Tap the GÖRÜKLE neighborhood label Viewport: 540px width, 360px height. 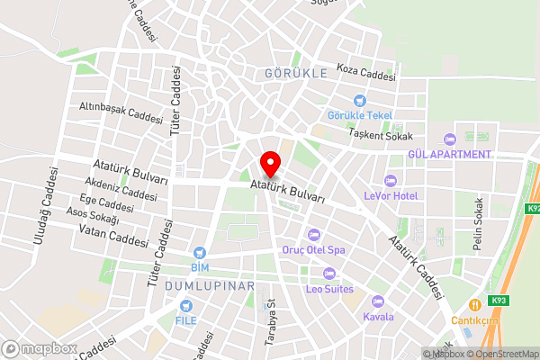(x=296, y=73)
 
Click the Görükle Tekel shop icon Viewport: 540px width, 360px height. (x=360, y=101)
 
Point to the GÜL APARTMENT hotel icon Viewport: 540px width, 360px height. (x=449, y=139)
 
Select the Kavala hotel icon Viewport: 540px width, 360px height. (x=377, y=301)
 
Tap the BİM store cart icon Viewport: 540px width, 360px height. (x=200, y=253)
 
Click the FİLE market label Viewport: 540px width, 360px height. (x=186, y=320)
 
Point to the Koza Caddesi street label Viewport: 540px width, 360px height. (x=366, y=71)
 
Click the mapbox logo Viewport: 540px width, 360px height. (x=39, y=347)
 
